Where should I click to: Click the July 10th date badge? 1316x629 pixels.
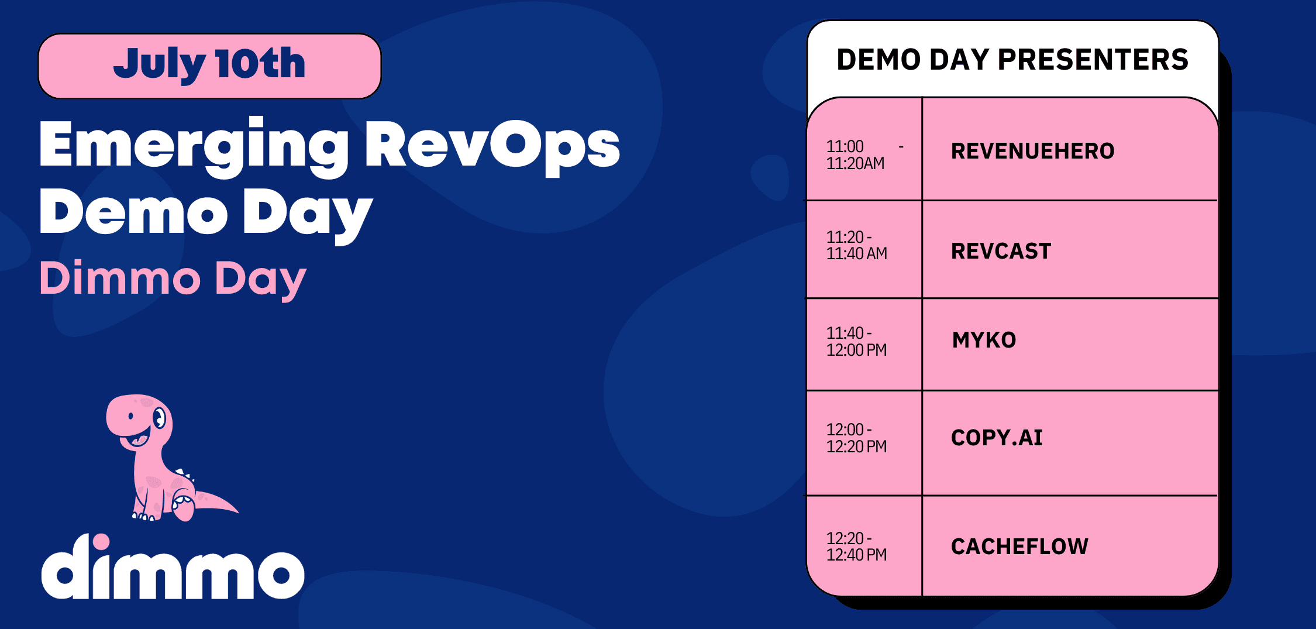(209, 66)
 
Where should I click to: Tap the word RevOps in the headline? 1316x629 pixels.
(492, 146)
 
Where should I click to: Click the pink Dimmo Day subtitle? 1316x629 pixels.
(173, 279)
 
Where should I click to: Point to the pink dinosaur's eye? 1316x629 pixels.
(159, 418)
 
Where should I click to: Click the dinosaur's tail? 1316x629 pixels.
(216, 502)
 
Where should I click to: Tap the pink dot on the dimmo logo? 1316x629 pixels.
(101, 541)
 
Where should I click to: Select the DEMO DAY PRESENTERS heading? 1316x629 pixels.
(1012, 60)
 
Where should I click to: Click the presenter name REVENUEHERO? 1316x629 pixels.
(1033, 151)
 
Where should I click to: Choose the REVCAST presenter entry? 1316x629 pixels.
(1001, 251)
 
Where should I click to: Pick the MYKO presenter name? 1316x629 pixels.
(984, 340)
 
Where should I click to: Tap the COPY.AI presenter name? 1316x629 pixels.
(997, 438)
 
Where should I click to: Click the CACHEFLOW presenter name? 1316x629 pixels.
(1020, 546)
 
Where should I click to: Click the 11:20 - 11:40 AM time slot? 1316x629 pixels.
(857, 245)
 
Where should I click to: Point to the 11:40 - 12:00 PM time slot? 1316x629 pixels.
(857, 342)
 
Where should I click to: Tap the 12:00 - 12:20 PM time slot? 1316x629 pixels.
(857, 438)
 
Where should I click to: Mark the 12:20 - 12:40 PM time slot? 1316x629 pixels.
(857, 546)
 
